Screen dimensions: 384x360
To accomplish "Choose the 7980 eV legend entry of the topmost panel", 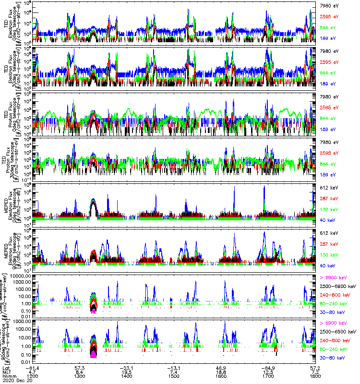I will pyautogui.click(x=329, y=5).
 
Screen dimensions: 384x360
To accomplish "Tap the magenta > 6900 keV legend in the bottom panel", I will pyautogui.click(x=331, y=324).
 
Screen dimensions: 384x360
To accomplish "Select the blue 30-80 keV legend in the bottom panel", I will pyautogui.click(x=331, y=358).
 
